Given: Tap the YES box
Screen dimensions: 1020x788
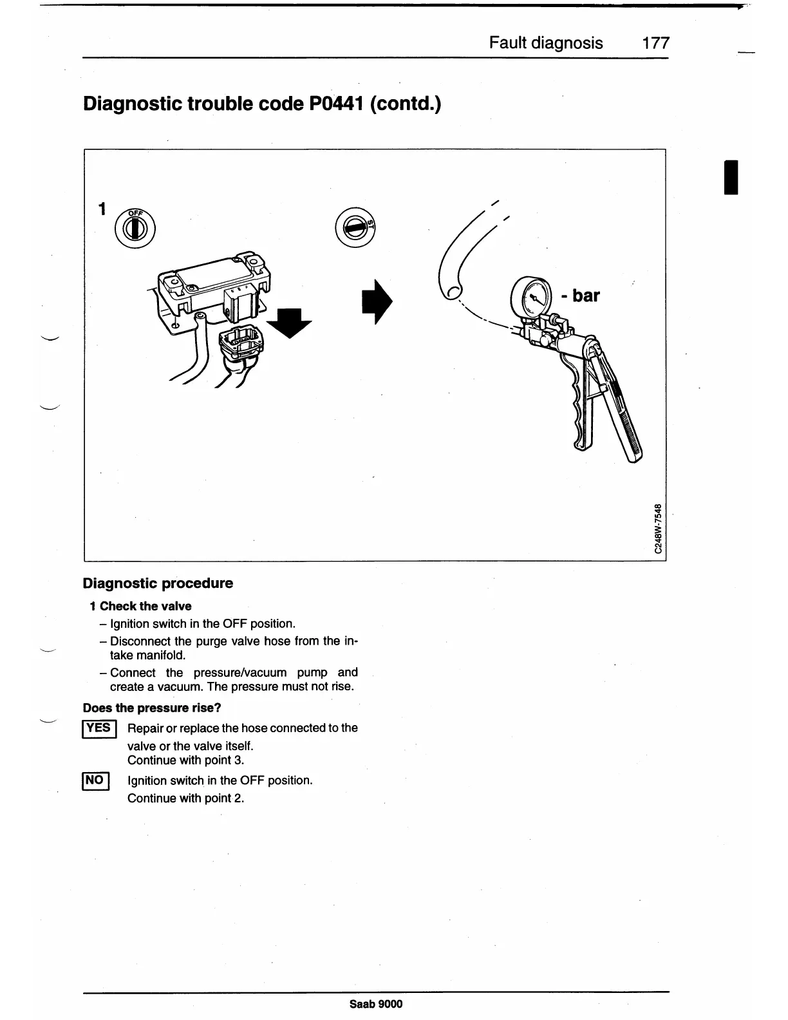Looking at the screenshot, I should (99, 728).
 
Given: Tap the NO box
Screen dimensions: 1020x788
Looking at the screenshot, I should (95, 780).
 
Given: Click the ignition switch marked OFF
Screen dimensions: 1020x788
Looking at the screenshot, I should (135, 227).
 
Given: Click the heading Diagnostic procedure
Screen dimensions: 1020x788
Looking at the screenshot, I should (158, 583).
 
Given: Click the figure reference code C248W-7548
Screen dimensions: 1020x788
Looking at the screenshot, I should (657, 528).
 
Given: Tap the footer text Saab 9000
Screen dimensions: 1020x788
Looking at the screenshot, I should (376, 1004).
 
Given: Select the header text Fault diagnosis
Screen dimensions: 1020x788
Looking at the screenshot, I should (546, 43).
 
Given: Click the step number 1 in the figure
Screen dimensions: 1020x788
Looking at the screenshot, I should (101, 209).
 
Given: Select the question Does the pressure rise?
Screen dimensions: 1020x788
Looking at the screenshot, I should (152, 708).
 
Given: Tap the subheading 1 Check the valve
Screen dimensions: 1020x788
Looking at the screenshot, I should (140, 606).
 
